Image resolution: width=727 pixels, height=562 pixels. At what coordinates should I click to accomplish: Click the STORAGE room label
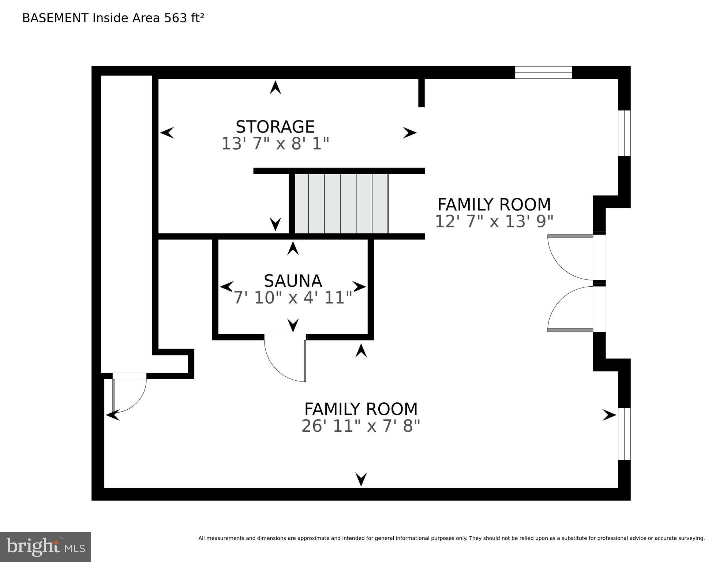click(275, 127)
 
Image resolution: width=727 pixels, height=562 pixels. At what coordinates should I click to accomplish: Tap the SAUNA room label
click(293, 281)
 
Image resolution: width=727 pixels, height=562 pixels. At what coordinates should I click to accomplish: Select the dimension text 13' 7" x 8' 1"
click(275, 144)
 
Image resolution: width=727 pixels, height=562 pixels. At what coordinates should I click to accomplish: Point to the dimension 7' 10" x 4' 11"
click(293, 298)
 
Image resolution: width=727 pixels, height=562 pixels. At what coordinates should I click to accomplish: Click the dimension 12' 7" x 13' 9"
click(494, 222)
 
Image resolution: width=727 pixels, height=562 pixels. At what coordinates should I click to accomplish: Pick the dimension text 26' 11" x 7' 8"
click(361, 426)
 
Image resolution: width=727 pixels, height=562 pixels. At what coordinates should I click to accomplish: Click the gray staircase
click(341, 204)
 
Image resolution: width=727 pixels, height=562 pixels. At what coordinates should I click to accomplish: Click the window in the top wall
click(543, 72)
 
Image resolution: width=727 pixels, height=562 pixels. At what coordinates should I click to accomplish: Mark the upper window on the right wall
click(624, 133)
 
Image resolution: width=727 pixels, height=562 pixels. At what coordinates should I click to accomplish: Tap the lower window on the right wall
click(624, 434)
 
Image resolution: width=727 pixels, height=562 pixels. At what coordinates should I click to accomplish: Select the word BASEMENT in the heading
click(55, 18)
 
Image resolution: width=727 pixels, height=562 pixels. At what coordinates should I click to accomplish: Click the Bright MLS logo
click(45, 547)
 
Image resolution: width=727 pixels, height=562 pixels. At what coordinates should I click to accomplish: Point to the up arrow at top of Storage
click(275, 88)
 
